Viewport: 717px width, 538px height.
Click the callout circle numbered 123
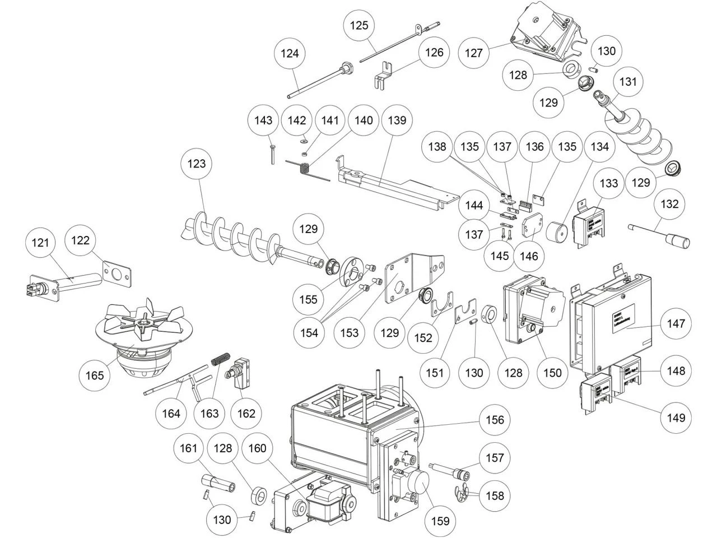coord(197,164)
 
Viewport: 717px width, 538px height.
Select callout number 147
coord(676,323)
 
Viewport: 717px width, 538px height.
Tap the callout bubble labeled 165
coord(95,375)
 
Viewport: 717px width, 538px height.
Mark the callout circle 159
coord(440,521)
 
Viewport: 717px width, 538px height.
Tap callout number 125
coord(359,25)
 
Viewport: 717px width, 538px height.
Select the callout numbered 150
coord(552,372)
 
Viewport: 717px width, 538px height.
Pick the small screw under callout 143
coord(271,154)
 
